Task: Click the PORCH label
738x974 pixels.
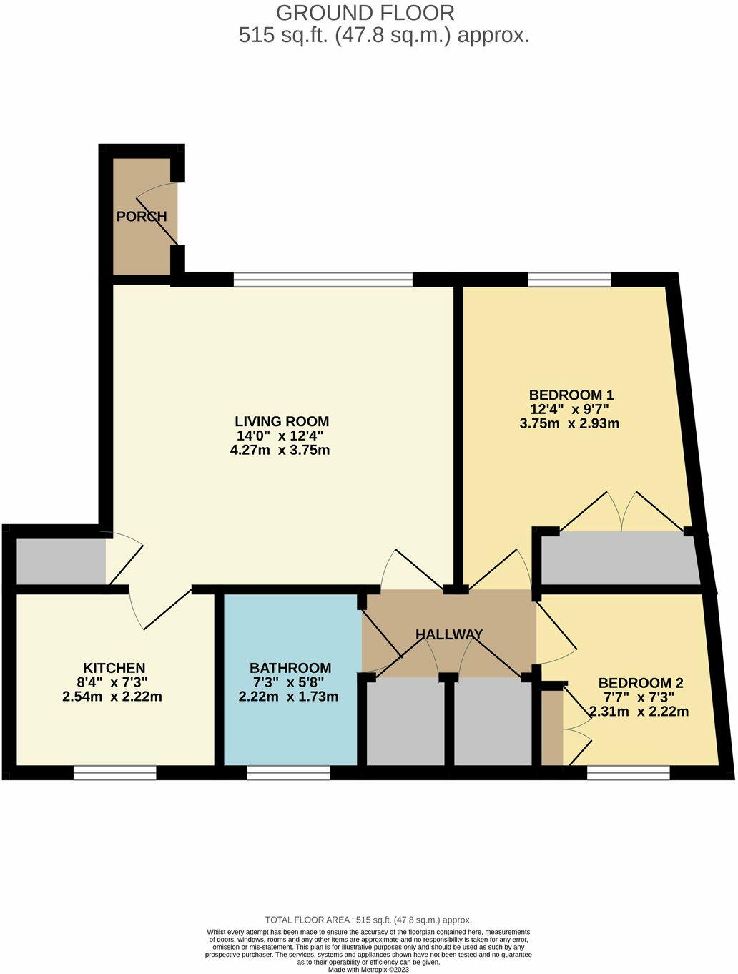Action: [x=142, y=216]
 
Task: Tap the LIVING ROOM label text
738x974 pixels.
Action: [x=282, y=421]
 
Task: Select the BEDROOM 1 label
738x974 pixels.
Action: [x=571, y=395]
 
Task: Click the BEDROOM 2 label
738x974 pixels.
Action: [x=636, y=683]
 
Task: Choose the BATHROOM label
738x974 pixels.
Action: [x=290, y=668]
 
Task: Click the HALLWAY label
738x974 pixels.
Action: [x=449, y=634]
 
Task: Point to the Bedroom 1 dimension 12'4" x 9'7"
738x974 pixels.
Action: [x=571, y=409]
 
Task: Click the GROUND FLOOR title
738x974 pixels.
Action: [x=365, y=13]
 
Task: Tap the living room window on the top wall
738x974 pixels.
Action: [x=323, y=280]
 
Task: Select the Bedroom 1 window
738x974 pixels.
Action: [x=569, y=280]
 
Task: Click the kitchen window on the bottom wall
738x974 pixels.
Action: [x=114, y=772]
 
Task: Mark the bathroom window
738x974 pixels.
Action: [x=289, y=772]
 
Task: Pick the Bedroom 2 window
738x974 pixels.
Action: [x=629, y=772]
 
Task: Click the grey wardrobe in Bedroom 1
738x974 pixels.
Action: [x=619, y=559]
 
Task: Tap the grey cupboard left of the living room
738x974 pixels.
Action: [x=61, y=561]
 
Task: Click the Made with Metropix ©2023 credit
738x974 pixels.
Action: [x=368, y=969]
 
